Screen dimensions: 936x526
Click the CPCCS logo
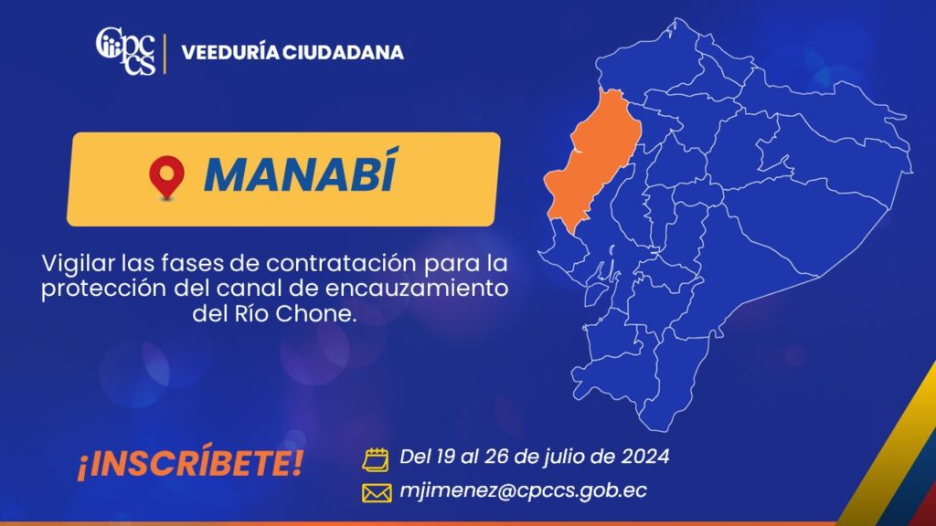(x=125, y=51)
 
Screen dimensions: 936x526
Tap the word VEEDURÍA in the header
(x=229, y=52)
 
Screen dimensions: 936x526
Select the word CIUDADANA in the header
(x=344, y=52)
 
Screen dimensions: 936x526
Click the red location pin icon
(x=166, y=177)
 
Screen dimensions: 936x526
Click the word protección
(x=104, y=289)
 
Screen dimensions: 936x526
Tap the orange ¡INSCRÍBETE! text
(x=190, y=463)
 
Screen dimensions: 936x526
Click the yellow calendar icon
(x=376, y=459)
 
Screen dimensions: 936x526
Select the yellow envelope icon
(x=377, y=493)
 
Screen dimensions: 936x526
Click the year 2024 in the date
(x=645, y=457)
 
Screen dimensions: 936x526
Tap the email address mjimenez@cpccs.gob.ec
(x=523, y=490)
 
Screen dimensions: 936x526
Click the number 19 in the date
(x=445, y=457)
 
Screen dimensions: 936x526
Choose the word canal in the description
(x=242, y=289)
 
